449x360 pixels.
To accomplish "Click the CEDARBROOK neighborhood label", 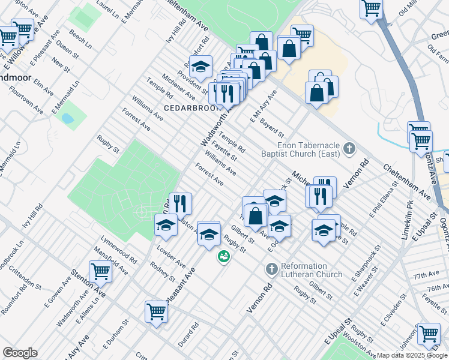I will [188, 107].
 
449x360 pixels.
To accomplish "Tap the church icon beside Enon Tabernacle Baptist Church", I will [349, 148].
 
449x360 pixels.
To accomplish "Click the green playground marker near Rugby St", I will [223, 257].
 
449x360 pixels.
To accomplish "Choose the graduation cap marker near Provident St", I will [201, 65].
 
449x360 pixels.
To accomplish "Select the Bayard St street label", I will [273, 127].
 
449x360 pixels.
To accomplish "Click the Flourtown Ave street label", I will [29, 103].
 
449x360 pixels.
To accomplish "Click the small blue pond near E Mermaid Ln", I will [67, 118].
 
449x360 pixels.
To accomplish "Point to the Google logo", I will [20, 352].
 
